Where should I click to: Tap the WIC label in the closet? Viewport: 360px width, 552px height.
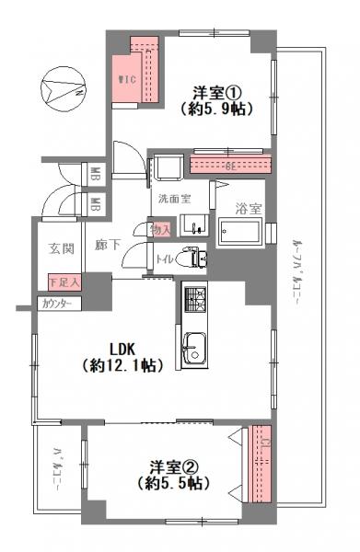(x=126, y=80)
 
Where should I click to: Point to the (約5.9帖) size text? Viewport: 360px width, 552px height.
(x=215, y=108)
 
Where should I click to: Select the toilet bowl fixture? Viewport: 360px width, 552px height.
(x=192, y=259)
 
